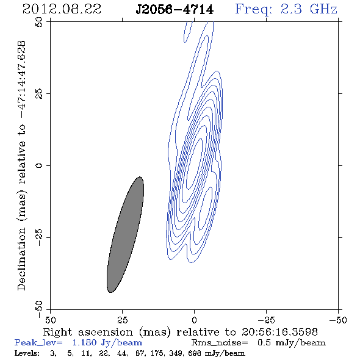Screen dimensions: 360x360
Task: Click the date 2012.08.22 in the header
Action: [62, 9]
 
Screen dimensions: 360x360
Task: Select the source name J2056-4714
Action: [175, 10]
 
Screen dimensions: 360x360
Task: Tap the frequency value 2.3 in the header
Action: [291, 9]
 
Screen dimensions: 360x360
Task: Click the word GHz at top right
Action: [323, 9]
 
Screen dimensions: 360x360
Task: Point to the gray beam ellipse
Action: [125, 235]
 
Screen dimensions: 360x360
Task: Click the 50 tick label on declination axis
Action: [39, 22]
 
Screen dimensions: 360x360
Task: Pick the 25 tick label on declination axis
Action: [39, 94]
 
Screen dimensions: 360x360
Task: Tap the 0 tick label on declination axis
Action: [39, 165]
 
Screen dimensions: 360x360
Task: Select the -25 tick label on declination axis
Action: [39, 237]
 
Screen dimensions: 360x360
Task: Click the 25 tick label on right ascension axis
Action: [123, 320]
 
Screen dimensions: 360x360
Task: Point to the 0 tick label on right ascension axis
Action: [194, 320]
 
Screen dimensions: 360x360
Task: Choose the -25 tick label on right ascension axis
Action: [266, 320]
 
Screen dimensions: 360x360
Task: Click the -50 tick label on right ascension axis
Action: [338, 320]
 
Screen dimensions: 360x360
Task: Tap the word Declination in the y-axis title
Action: [21, 259]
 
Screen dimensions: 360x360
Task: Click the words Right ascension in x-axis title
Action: [88, 332]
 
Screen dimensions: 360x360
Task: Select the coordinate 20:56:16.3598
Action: [279, 332]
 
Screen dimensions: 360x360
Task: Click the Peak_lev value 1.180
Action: [84, 342]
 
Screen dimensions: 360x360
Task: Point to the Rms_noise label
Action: [220, 343]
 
